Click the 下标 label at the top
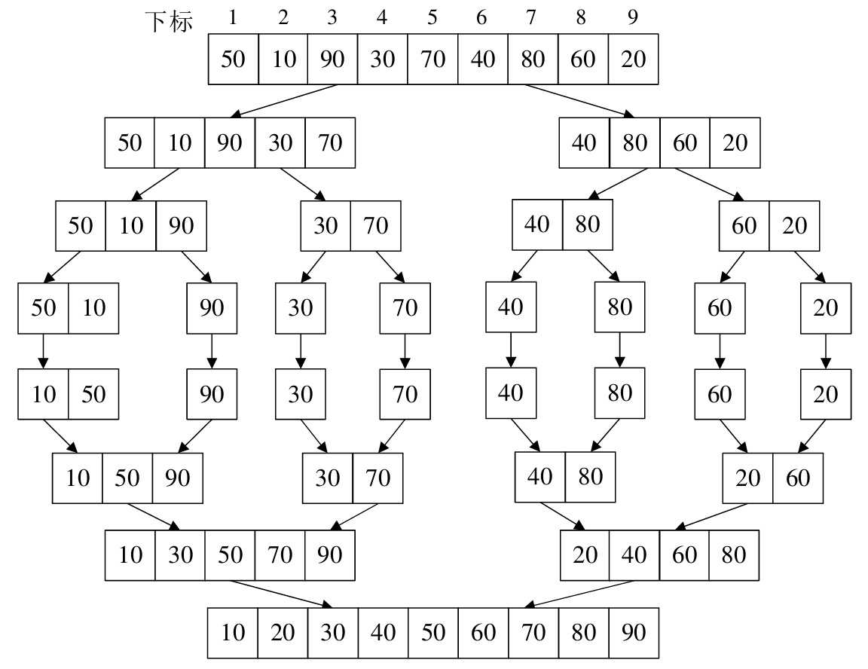coord(169,21)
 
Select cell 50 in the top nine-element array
coord(233,59)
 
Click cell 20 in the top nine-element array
coord(633,59)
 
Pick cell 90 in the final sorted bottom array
coord(633,632)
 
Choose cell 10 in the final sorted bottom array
coord(233,632)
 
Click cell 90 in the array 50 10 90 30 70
coord(230,142)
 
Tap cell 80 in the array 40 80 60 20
coord(634,142)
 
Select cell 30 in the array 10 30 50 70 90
coord(180,555)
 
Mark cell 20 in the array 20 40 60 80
coord(585,555)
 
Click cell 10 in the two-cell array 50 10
coord(93,308)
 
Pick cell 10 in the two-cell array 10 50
coord(44,393)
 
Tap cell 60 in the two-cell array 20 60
coord(798,478)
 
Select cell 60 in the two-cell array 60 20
coord(744,225)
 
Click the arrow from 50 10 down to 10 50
coord(43,351)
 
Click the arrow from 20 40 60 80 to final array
coord(580,594)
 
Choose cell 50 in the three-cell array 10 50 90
coord(127,478)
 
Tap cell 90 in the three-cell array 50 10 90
coord(181,225)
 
